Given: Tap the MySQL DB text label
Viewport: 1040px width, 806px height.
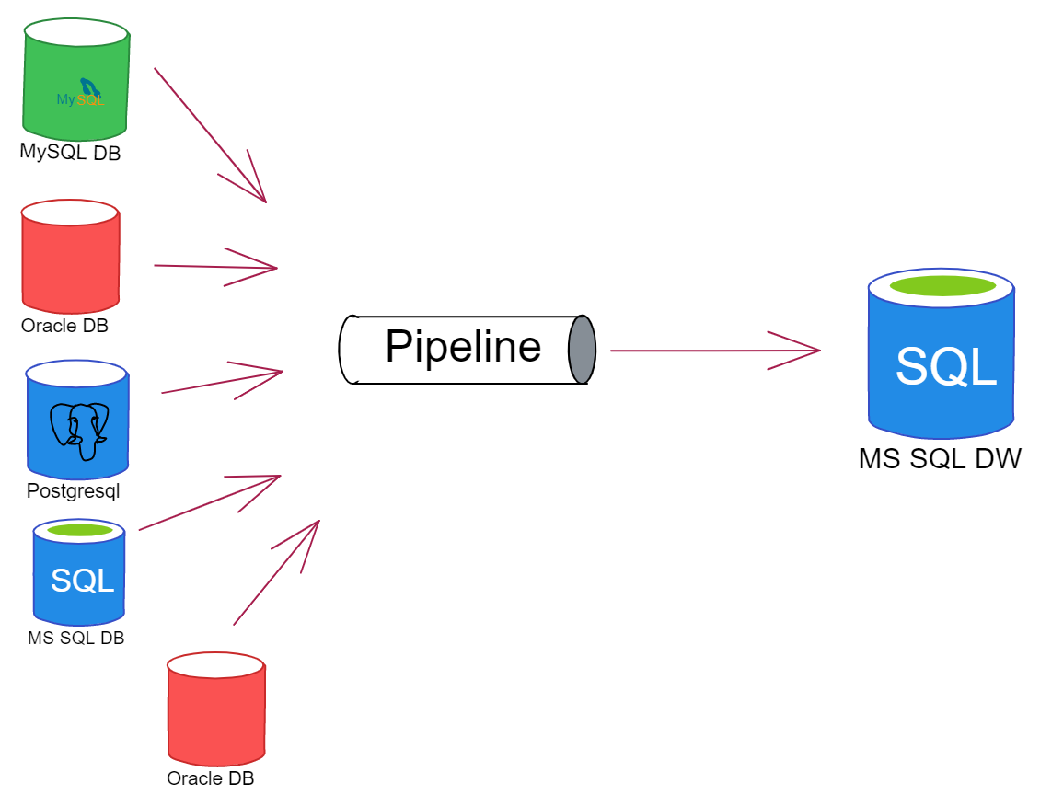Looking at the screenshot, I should click(x=70, y=153).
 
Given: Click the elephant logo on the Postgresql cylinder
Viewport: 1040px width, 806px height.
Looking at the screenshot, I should click(x=80, y=430).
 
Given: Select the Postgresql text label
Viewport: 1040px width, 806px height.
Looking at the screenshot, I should click(x=74, y=491).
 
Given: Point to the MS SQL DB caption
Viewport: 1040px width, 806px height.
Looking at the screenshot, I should click(x=76, y=638).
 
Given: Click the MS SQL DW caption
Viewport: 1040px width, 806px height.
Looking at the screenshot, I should click(x=940, y=458).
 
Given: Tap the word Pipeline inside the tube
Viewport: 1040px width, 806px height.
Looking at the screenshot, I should click(x=463, y=347).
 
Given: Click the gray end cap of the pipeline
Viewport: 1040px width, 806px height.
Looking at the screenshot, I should click(x=582, y=350).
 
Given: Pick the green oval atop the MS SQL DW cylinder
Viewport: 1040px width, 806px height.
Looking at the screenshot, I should click(x=942, y=285).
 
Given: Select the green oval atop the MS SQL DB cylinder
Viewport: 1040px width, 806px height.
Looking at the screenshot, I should click(x=79, y=530).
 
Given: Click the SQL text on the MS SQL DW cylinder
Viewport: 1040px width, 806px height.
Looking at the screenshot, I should click(x=946, y=366).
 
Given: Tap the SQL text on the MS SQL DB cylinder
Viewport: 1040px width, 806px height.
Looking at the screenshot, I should click(x=82, y=581).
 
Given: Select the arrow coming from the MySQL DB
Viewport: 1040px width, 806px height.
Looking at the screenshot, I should click(x=210, y=134).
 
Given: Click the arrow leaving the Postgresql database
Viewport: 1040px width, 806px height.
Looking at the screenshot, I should click(x=221, y=382).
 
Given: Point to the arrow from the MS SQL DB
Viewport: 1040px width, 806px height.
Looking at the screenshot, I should click(x=209, y=502).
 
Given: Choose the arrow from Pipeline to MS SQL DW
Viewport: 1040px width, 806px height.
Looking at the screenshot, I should click(x=714, y=351).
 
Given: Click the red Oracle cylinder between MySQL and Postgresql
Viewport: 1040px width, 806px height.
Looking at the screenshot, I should click(x=71, y=262).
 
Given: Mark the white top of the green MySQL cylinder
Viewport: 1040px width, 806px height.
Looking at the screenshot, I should click(x=75, y=32).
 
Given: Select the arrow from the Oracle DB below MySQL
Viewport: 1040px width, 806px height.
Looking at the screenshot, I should click(x=215, y=267).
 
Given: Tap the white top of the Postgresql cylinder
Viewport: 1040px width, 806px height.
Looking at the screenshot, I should click(x=76, y=373).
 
